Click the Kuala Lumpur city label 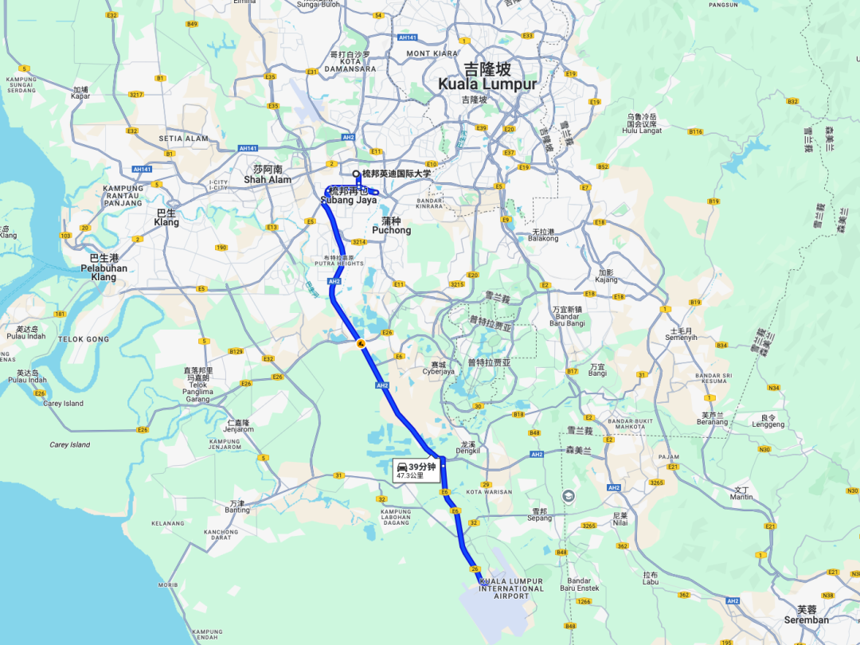coord(487,83)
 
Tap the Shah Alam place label coord(267,179)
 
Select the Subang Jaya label coord(348,201)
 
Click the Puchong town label coord(391,230)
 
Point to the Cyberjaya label coord(437,371)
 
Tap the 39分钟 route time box coord(417,470)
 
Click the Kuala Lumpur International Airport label coord(511,588)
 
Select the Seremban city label coord(806,620)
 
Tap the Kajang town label coord(606,281)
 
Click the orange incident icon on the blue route coord(360,344)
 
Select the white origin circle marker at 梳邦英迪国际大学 coord(356,174)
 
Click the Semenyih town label coord(681,337)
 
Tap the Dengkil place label coord(467,451)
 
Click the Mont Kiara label coord(432,53)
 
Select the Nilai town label coord(620,525)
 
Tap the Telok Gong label coord(83,339)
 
